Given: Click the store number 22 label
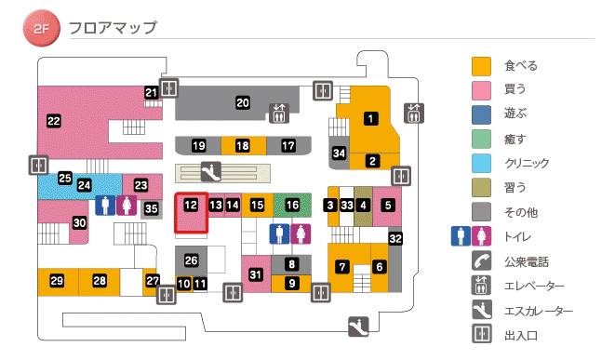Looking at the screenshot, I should [x=53, y=120].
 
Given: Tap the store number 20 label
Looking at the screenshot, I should [x=243, y=102].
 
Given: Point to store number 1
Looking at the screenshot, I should [x=370, y=118].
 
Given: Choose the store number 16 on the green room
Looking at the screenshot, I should [x=292, y=205].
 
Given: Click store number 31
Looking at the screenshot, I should [x=256, y=273].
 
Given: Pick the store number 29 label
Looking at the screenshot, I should [x=57, y=281].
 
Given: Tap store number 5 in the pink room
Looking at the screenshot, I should [x=388, y=205].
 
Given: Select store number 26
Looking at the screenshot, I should [x=192, y=260].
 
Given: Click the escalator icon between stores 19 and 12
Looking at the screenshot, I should [x=212, y=171].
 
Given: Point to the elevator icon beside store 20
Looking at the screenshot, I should [x=279, y=113].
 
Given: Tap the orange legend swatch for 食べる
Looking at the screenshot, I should [x=481, y=66].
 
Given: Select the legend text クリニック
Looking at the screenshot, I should [x=526, y=164].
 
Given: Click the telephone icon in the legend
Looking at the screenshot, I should [x=481, y=261].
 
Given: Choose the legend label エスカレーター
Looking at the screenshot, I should [x=539, y=311].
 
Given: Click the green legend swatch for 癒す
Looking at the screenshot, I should [x=481, y=139].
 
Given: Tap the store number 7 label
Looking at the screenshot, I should [x=341, y=267].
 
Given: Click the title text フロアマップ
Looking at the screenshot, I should [x=113, y=28].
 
